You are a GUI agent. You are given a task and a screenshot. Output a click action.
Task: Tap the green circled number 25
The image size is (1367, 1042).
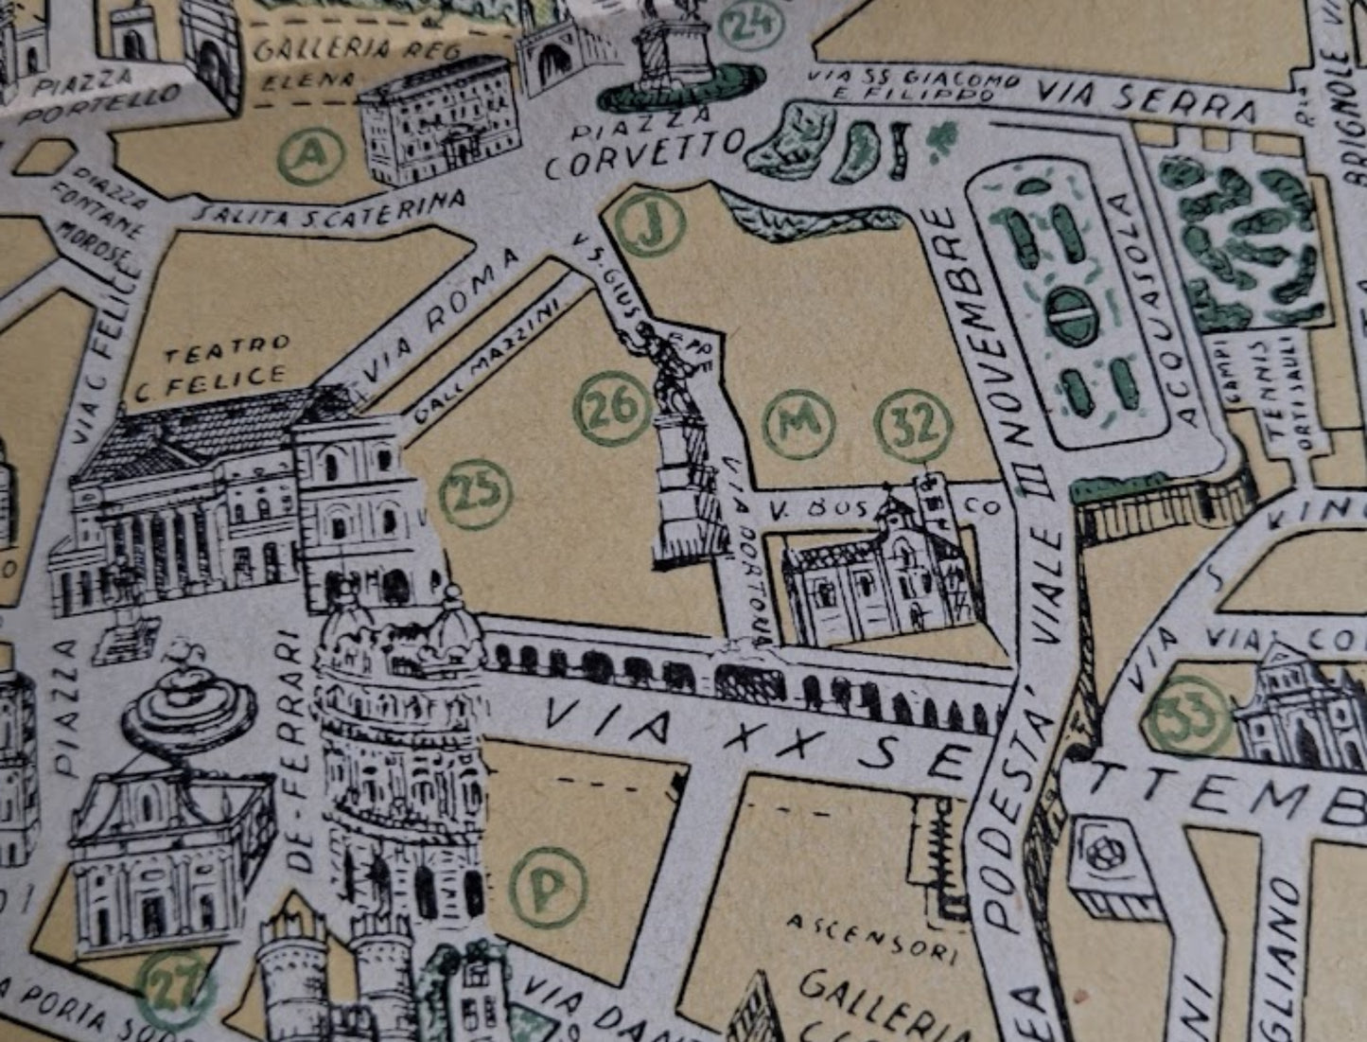point(475,493)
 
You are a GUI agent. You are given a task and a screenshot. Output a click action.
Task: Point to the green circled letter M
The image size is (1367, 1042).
point(798,424)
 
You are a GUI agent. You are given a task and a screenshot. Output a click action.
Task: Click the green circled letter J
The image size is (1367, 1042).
point(649,225)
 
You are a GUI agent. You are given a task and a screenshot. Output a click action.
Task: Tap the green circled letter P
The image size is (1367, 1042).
point(546,888)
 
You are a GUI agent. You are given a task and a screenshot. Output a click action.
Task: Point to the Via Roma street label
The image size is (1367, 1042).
point(441,318)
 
